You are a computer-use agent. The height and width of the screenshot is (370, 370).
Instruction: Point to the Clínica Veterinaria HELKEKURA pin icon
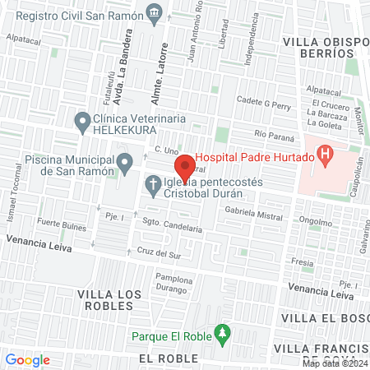tap(81, 123)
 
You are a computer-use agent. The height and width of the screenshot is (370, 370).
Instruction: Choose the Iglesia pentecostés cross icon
tap(153, 186)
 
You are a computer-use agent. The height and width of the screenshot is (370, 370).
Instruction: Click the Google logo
tap(27, 359)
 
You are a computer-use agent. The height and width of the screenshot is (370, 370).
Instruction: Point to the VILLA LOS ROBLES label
tap(105, 299)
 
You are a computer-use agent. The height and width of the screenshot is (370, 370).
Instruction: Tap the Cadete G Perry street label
tap(264, 105)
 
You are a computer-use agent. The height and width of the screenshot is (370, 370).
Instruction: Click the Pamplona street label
tap(173, 280)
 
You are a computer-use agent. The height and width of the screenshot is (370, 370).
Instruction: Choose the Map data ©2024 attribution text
tap(334, 363)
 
